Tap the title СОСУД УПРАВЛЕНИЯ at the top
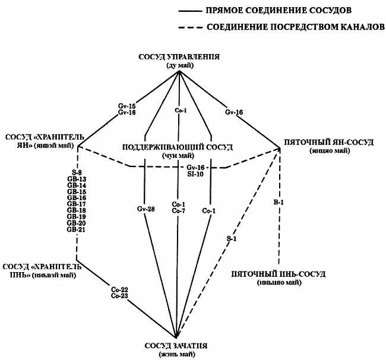coord(179,57)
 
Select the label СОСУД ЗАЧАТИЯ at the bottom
coord(177,346)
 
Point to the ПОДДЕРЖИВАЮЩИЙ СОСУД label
coord(177,147)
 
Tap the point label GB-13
coord(76,179)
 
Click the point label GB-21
coord(76,229)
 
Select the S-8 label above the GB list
coord(76,173)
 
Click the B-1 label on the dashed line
coord(277,203)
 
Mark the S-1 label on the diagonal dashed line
coord(230,238)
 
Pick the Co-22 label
coord(119,289)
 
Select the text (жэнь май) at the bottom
coord(177,355)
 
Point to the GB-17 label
coord(76,204)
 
